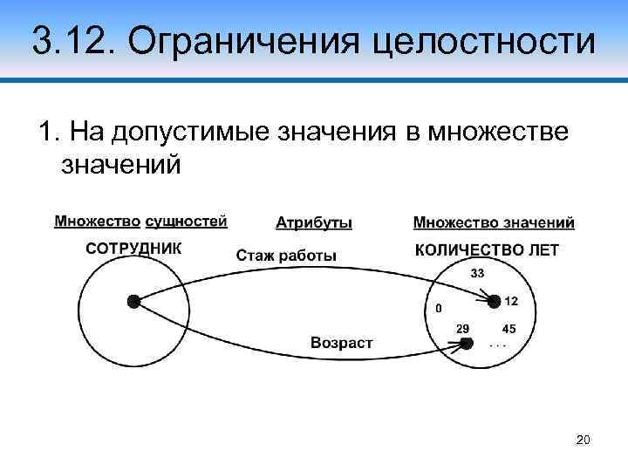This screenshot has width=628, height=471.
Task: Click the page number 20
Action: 584,440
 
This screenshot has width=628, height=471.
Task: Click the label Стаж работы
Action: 286,256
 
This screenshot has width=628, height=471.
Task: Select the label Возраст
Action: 342,343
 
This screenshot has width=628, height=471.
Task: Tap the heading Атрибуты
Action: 314,222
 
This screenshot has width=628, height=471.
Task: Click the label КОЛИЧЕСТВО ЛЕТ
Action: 487,250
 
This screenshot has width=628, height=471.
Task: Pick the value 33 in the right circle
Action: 479,273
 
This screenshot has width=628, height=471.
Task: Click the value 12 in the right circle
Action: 511,301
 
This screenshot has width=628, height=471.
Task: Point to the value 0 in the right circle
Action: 438,308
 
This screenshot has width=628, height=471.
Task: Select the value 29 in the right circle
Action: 463,328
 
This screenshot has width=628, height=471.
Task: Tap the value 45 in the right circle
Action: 509,329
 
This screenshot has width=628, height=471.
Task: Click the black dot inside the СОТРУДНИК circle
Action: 133,301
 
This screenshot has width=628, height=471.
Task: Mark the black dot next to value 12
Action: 494,301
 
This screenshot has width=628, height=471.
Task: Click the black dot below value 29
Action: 468,344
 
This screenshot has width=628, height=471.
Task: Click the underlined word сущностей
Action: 186,222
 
